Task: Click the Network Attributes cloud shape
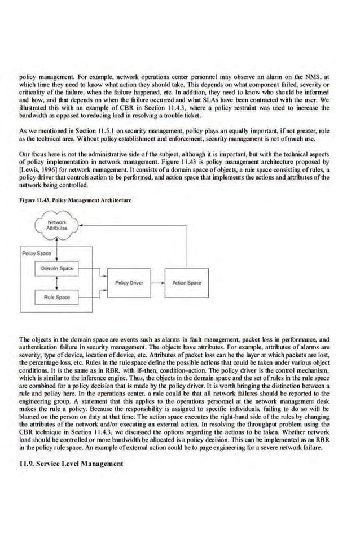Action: click(57, 226)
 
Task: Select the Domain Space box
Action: click(58, 269)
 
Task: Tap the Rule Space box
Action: click(57, 296)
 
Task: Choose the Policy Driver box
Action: click(129, 282)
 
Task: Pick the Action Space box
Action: click(186, 282)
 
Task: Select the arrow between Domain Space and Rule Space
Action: click(58, 282)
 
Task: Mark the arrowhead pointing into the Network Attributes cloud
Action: click(81, 225)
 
